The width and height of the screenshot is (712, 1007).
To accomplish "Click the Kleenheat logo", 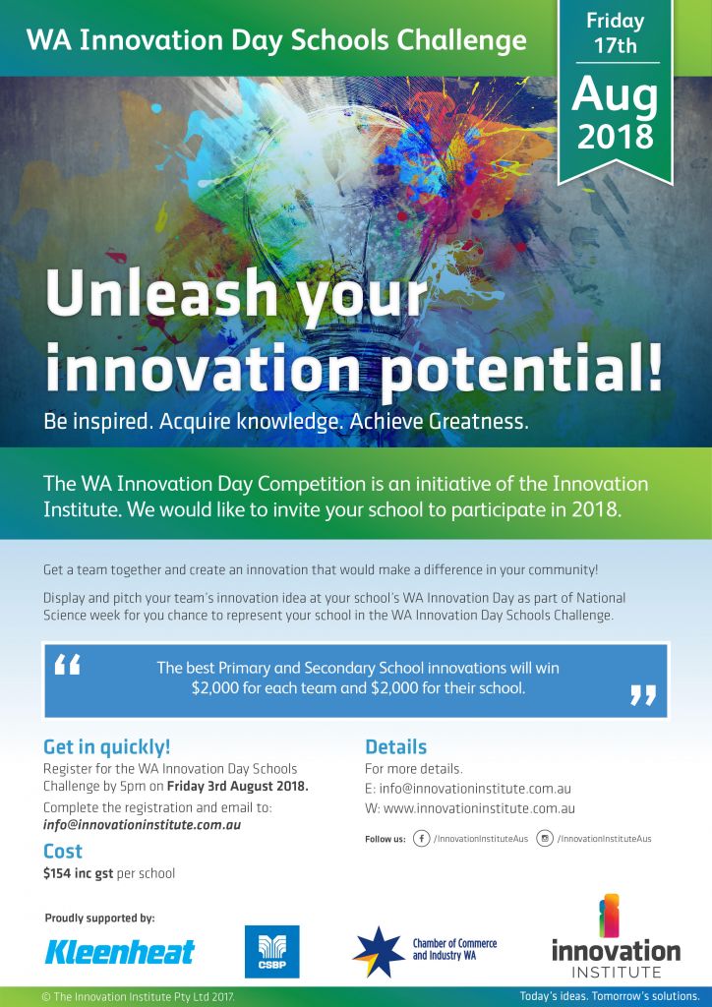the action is [119, 952].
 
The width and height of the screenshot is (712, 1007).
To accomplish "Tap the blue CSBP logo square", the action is [272, 951].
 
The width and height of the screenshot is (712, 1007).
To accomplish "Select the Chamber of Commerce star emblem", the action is [379, 952].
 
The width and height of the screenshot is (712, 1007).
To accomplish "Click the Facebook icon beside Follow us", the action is [421, 839].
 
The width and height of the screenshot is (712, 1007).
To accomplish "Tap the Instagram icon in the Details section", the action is [545, 839].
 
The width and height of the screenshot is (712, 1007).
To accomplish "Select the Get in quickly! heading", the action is [106, 747].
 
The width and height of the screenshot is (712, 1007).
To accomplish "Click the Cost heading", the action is [63, 851].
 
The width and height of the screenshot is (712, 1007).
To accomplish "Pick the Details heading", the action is [395, 747].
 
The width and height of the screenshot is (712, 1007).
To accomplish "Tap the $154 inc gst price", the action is [78, 873].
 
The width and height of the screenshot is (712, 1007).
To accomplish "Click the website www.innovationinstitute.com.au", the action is [479, 808].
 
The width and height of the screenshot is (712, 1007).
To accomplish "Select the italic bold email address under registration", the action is [142, 825].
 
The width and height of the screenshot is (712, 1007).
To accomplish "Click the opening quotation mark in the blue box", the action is [68, 666].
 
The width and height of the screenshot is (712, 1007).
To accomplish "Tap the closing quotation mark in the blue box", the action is [642, 695].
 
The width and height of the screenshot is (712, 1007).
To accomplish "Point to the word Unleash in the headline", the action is [160, 293].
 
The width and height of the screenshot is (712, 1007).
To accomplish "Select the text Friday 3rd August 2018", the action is [238, 787].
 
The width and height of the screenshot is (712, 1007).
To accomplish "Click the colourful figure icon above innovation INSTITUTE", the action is [609, 916].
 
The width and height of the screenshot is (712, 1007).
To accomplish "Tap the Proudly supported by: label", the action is [99, 918].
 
